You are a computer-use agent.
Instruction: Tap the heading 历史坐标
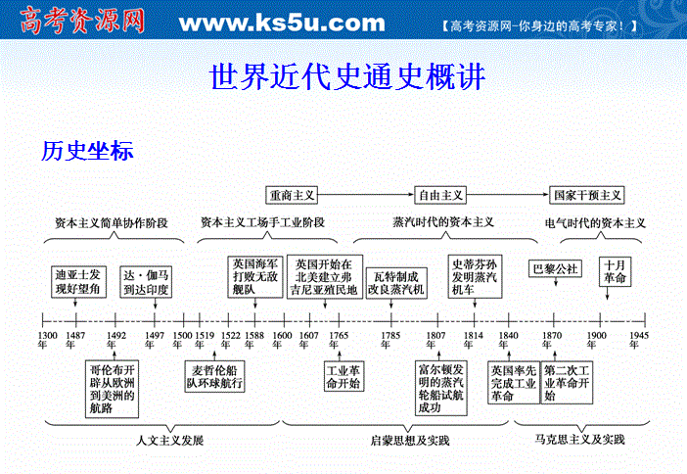87,152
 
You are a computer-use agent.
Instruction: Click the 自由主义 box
440,195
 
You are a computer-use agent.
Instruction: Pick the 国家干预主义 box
587,195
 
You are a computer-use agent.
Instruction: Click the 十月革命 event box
616,272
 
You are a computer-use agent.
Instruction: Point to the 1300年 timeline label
47,341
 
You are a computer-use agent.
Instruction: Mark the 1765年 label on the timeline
338,336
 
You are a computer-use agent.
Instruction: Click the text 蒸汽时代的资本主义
442,223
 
